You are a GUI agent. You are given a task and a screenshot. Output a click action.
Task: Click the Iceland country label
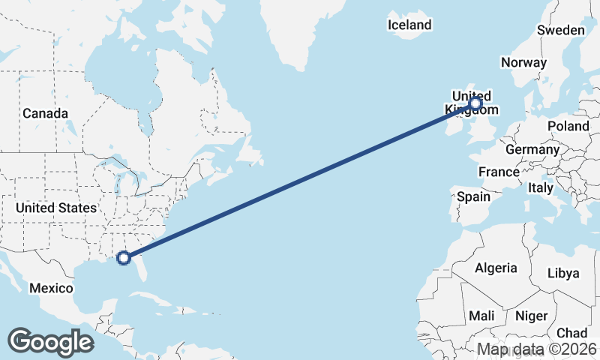click(409, 25)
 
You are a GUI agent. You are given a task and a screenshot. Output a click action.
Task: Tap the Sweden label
click(560, 30)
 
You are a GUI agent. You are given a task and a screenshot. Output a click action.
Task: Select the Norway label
click(524, 62)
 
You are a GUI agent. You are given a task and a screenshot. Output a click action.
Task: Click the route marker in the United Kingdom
click(475, 103)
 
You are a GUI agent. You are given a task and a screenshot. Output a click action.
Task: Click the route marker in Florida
click(124, 258)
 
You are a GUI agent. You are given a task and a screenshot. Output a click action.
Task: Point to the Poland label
click(568, 126)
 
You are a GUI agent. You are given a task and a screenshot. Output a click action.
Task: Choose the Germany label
click(532, 149)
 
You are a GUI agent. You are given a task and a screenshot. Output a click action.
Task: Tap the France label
click(499, 172)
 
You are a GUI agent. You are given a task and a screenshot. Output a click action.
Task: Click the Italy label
click(540, 187)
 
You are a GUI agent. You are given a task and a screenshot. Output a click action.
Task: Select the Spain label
click(473, 197)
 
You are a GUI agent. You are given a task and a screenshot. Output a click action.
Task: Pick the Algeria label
click(496, 268)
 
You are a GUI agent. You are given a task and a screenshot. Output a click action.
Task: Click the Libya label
click(564, 273)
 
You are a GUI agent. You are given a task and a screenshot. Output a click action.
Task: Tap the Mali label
click(481, 316)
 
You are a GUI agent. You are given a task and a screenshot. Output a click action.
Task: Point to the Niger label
click(532, 316)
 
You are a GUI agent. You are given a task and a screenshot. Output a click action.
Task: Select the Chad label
click(571, 333)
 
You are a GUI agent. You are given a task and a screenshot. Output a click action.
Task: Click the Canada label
click(45, 113)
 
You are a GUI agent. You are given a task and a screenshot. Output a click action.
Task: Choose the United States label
click(56, 208)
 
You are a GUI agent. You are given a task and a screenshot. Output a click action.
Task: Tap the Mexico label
click(51, 288)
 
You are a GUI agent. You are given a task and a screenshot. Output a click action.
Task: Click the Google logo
click(50, 342)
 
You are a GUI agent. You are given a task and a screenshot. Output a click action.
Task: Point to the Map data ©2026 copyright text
click(537, 349)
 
